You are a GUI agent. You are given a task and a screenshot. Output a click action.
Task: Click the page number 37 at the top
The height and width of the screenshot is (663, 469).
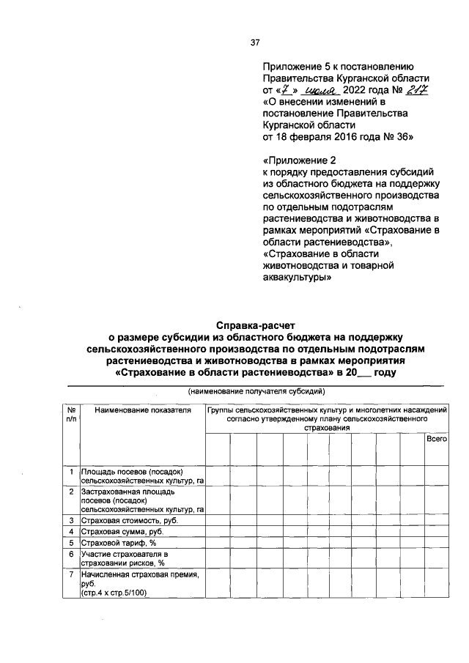[x=256, y=42]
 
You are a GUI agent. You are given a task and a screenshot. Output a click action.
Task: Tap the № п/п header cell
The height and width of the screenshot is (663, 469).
[x=72, y=415]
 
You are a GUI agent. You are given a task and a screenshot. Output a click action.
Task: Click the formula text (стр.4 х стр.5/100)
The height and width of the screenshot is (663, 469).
[x=114, y=593]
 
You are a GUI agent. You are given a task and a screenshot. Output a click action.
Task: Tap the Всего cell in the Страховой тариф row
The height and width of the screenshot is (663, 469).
[x=437, y=543]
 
